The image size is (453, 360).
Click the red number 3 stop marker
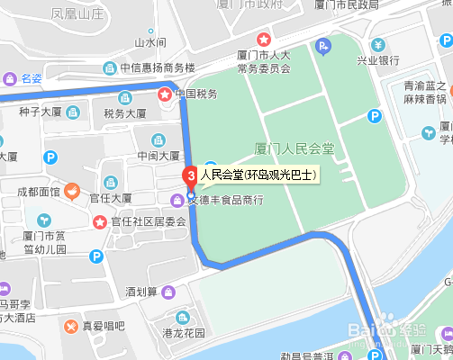pos(190,175)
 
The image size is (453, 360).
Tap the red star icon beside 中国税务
pos(165,92)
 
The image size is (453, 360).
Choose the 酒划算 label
pos(142,292)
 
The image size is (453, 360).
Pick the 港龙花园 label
pos(183,333)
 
